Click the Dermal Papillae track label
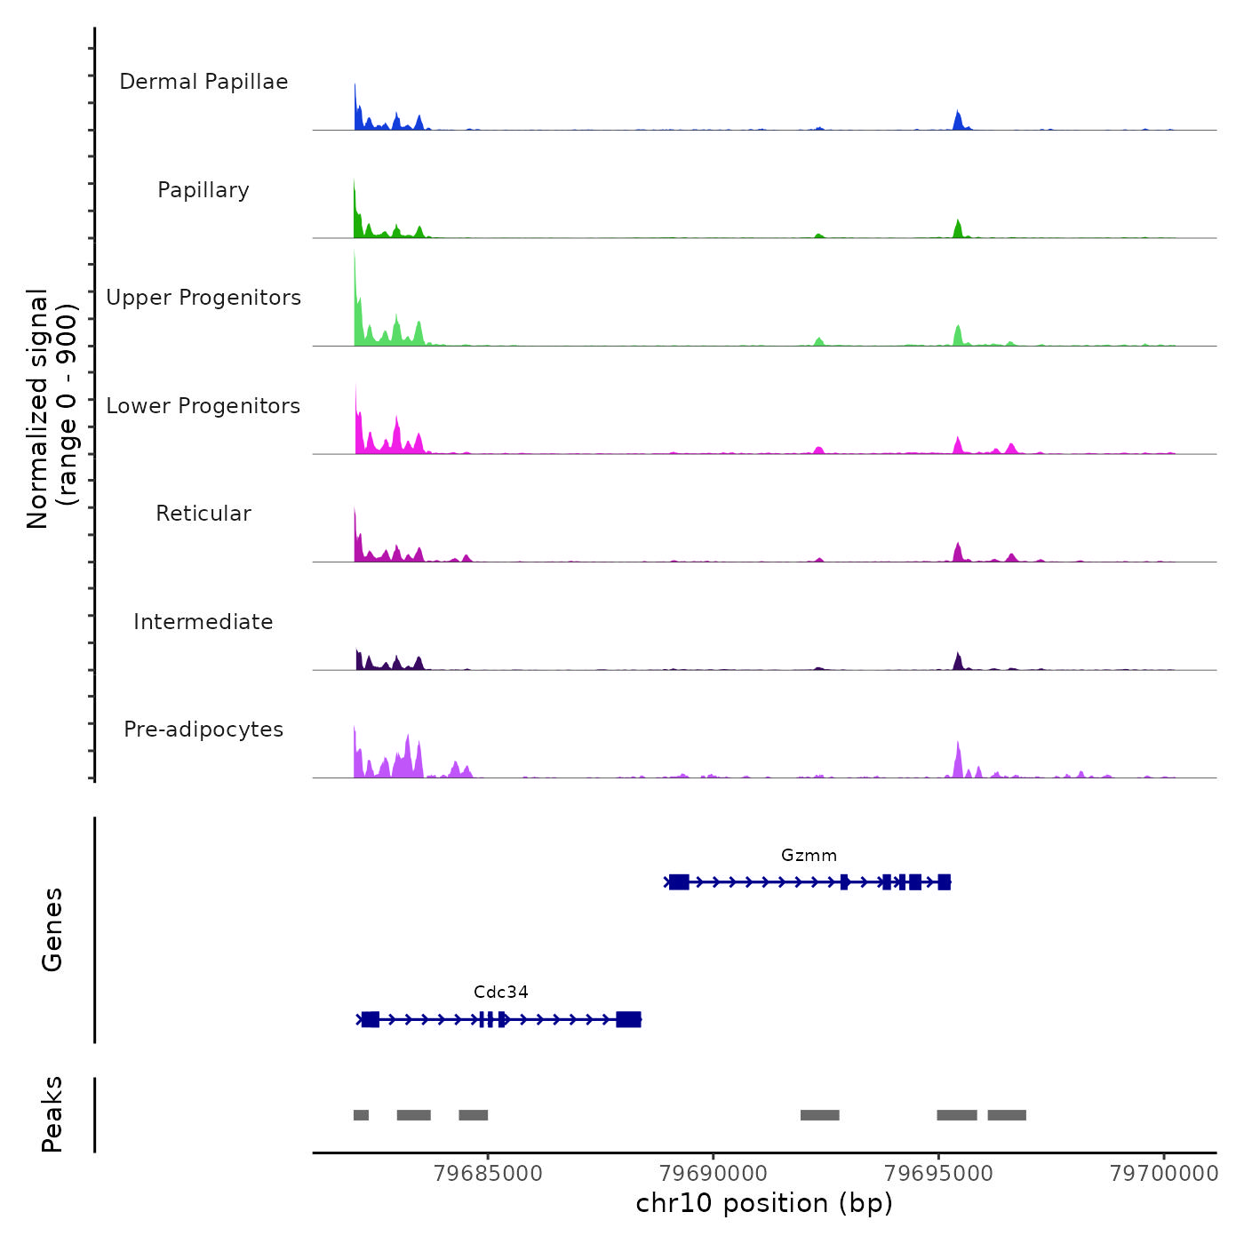pyautogui.click(x=203, y=82)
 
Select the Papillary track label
pyautogui.click(x=203, y=190)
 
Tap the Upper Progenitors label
pyautogui.click(x=203, y=298)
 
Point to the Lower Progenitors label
pyautogui.click(x=203, y=406)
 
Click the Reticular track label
pyautogui.click(x=203, y=514)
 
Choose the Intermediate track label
pyautogui.click(x=203, y=622)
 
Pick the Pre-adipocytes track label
pyautogui.click(x=203, y=730)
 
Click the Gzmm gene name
pyautogui.click(x=809, y=856)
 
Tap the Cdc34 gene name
pyautogui.click(x=501, y=993)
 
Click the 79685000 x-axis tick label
pyautogui.click(x=488, y=1174)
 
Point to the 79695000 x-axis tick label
pyautogui.click(x=939, y=1174)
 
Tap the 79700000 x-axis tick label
pyautogui.click(x=1164, y=1174)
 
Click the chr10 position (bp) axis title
pyautogui.click(x=764, y=1203)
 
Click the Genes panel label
pyautogui.click(x=52, y=929)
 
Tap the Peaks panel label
pyautogui.click(x=52, y=1114)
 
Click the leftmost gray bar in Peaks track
pyautogui.click(x=361, y=1115)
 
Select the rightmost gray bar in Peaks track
pyautogui.click(x=1007, y=1115)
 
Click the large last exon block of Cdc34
pyautogui.click(x=628, y=1019)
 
